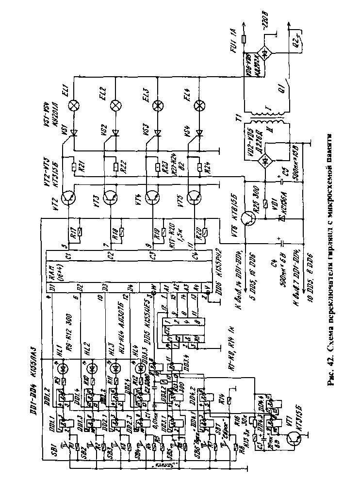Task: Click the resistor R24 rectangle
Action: coord(199,168)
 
